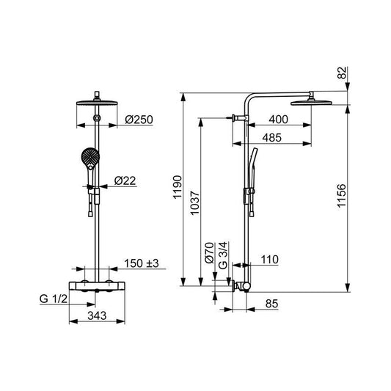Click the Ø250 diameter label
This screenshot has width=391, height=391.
coord(139,120)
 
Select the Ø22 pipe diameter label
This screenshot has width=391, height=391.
coord(125,180)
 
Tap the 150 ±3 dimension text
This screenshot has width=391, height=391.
coord(142,263)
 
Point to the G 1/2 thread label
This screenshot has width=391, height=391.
coord(54,299)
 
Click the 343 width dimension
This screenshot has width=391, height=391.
coord(97,315)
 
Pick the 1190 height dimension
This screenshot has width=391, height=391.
coord(178,187)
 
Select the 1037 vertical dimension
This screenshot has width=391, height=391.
coord(194,202)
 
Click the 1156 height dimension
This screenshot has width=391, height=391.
coord(342,196)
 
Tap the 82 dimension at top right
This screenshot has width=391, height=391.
coord(342,73)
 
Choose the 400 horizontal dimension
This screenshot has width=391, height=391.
coord(278,120)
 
